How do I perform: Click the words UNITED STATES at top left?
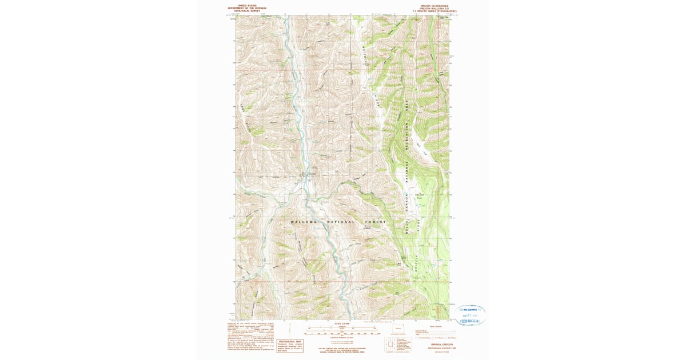click(244, 5)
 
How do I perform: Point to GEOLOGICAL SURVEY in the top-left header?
click(244, 10)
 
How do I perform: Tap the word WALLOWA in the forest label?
click(301, 222)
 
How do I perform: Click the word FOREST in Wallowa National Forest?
click(375, 222)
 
